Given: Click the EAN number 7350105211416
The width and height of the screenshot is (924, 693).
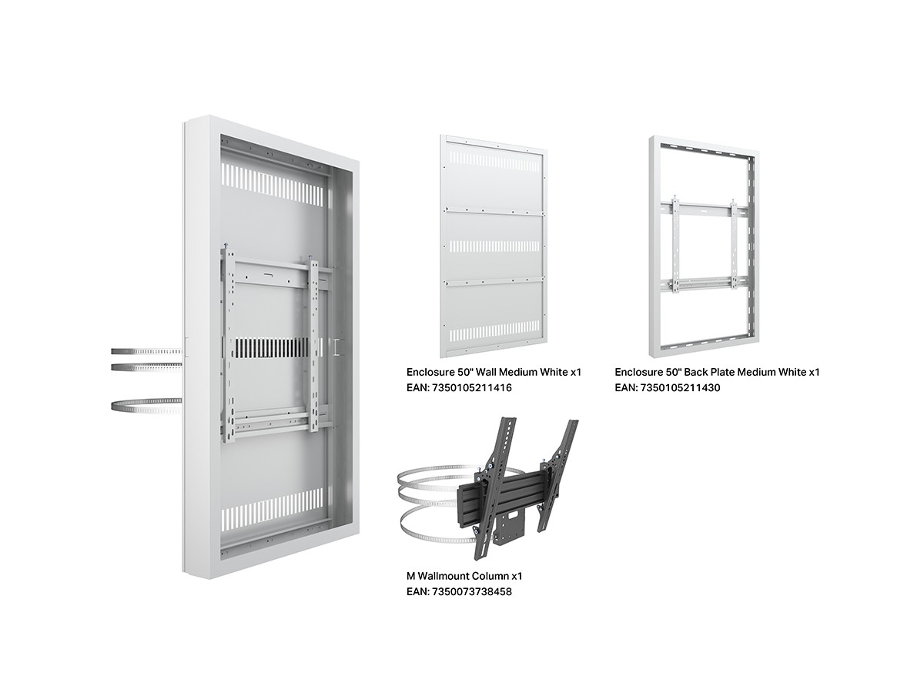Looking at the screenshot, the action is tap(471, 387).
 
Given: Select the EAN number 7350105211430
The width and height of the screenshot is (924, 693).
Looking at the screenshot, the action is tap(680, 387).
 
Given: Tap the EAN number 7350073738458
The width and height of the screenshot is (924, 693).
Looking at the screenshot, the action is tap(471, 591).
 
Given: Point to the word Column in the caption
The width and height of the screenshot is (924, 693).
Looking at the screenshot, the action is tap(492, 576).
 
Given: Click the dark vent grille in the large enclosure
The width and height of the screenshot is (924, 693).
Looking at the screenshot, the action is tap(269, 347).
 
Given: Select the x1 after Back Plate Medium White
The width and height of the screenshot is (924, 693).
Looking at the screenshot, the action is tap(814, 372).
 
